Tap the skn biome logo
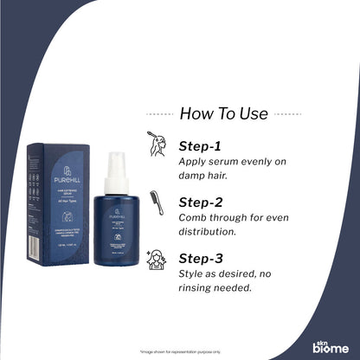point(330,344)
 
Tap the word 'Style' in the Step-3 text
point(193,273)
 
